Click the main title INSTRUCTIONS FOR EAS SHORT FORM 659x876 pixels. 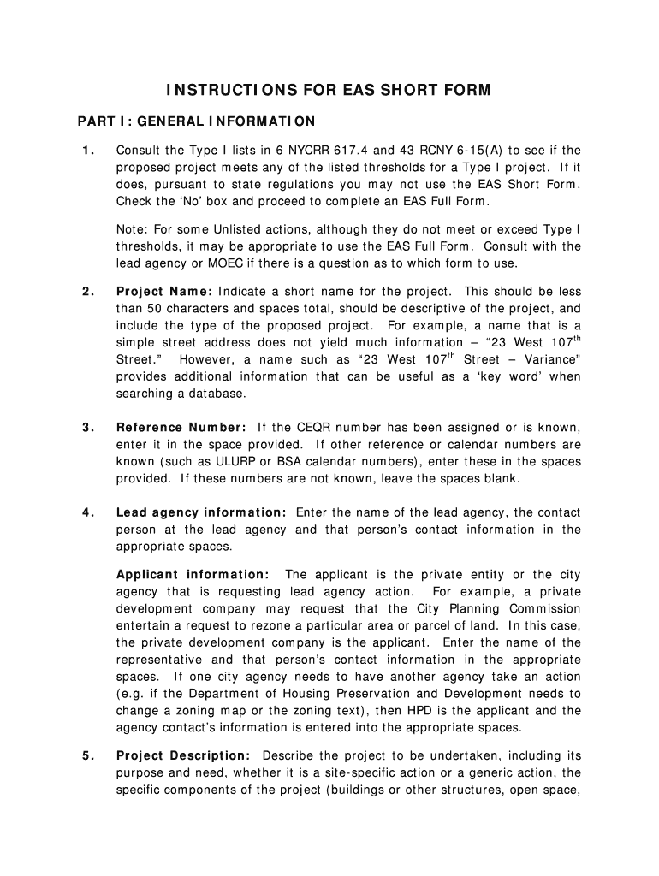tap(329, 91)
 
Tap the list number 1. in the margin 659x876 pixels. tap(88, 151)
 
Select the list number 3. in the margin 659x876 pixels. tap(88, 427)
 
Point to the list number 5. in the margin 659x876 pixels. tap(88, 755)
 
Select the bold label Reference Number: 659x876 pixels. tap(181, 427)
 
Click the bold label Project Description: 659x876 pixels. tap(183, 755)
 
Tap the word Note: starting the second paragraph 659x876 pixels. tap(131, 229)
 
